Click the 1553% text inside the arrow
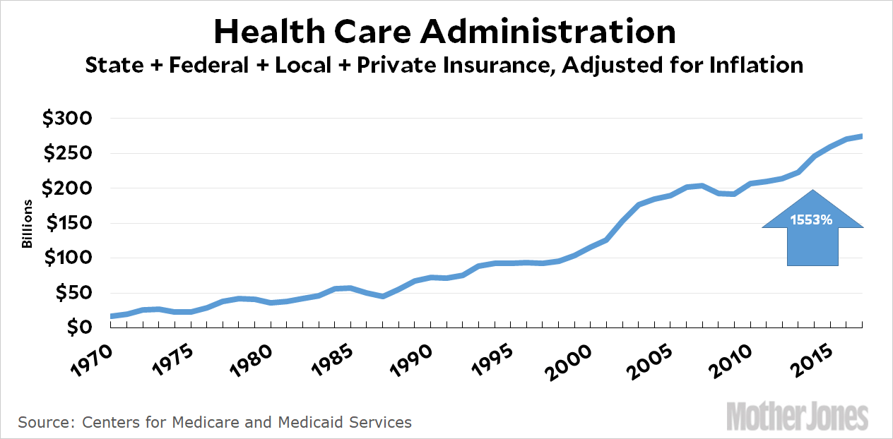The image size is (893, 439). click(812, 220)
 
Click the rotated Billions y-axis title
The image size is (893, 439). click(28, 223)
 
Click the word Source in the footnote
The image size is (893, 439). click(44, 423)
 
